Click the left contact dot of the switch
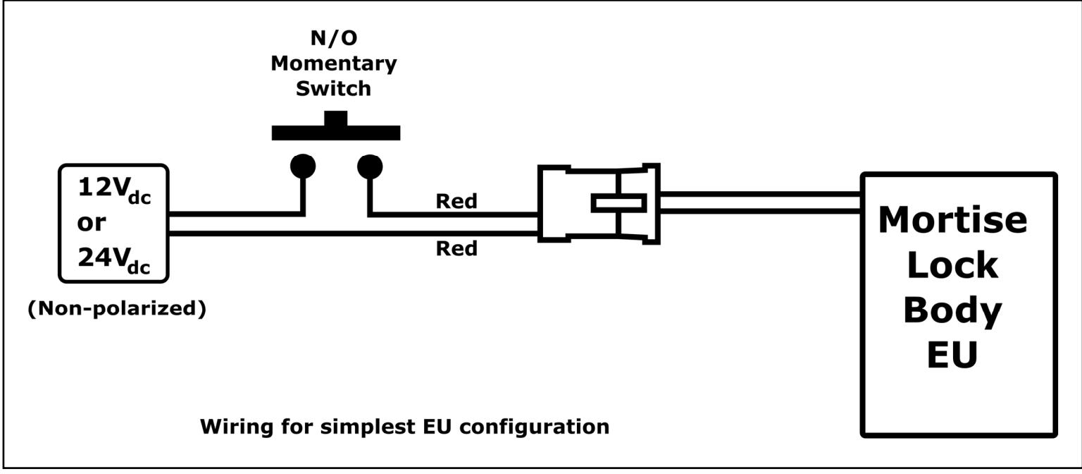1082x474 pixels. click(x=303, y=166)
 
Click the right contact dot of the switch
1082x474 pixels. click(x=370, y=166)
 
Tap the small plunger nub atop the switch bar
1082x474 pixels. click(x=336, y=119)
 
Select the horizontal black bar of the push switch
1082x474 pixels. click(x=336, y=133)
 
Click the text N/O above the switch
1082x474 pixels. click(x=334, y=38)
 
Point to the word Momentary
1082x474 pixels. click(x=334, y=64)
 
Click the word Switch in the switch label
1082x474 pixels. click(x=333, y=89)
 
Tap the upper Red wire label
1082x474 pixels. click(x=456, y=201)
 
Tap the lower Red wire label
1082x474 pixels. click(x=456, y=248)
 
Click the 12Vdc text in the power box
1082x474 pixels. click(x=115, y=190)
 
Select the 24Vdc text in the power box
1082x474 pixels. click(x=115, y=260)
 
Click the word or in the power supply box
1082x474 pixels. click(x=92, y=223)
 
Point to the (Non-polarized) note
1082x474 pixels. click(x=117, y=308)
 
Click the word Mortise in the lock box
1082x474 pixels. click(x=952, y=220)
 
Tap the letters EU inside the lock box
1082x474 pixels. click(x=952, y=355)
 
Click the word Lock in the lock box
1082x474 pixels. click(x=952, y=265)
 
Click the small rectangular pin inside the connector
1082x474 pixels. click(x=618, y=204)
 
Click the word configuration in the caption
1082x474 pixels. click(x=534, y=427)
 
